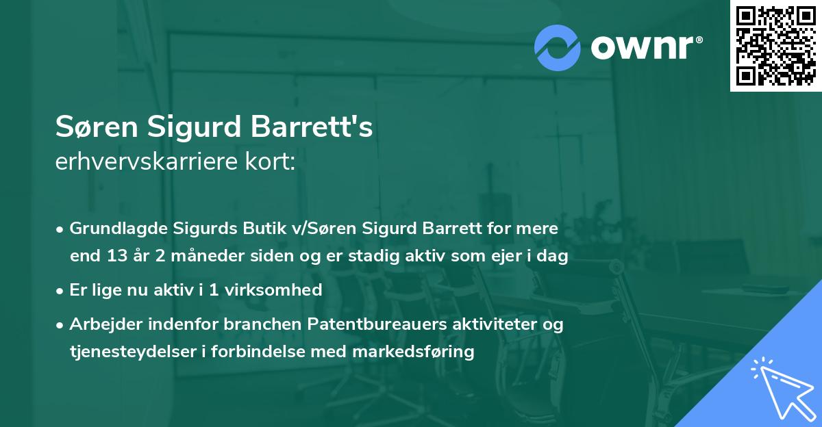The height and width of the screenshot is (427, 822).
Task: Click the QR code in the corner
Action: point(775,45)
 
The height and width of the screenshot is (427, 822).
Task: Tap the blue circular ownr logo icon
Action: point(557,47)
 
